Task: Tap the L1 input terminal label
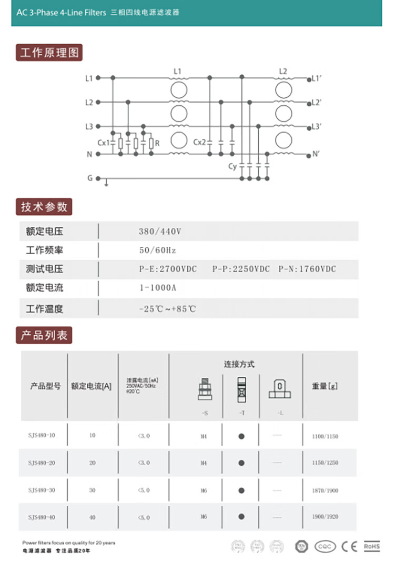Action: click(x=89, y=78)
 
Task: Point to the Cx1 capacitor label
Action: click(x=104, y=143)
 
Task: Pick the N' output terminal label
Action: click(x=316, y=154)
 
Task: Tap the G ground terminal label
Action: click(x=90, y=178)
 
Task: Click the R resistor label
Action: click(x=157, y=143)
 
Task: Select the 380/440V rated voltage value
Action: click(x=160, y=232)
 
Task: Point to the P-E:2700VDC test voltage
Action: click(x=168, y=269)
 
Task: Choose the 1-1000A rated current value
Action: click(x=158, y=288)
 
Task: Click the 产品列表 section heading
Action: click(x=44, y=335)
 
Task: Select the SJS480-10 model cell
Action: click(x=42, y=435)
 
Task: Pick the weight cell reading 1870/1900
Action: click(x=325, y=490)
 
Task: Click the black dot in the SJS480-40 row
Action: click(x=241, y=517)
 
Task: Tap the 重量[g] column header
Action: click(x=325, y=386)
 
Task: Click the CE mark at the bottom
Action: click(x=349, y=546)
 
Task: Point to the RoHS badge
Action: click(x=372, y=546)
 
